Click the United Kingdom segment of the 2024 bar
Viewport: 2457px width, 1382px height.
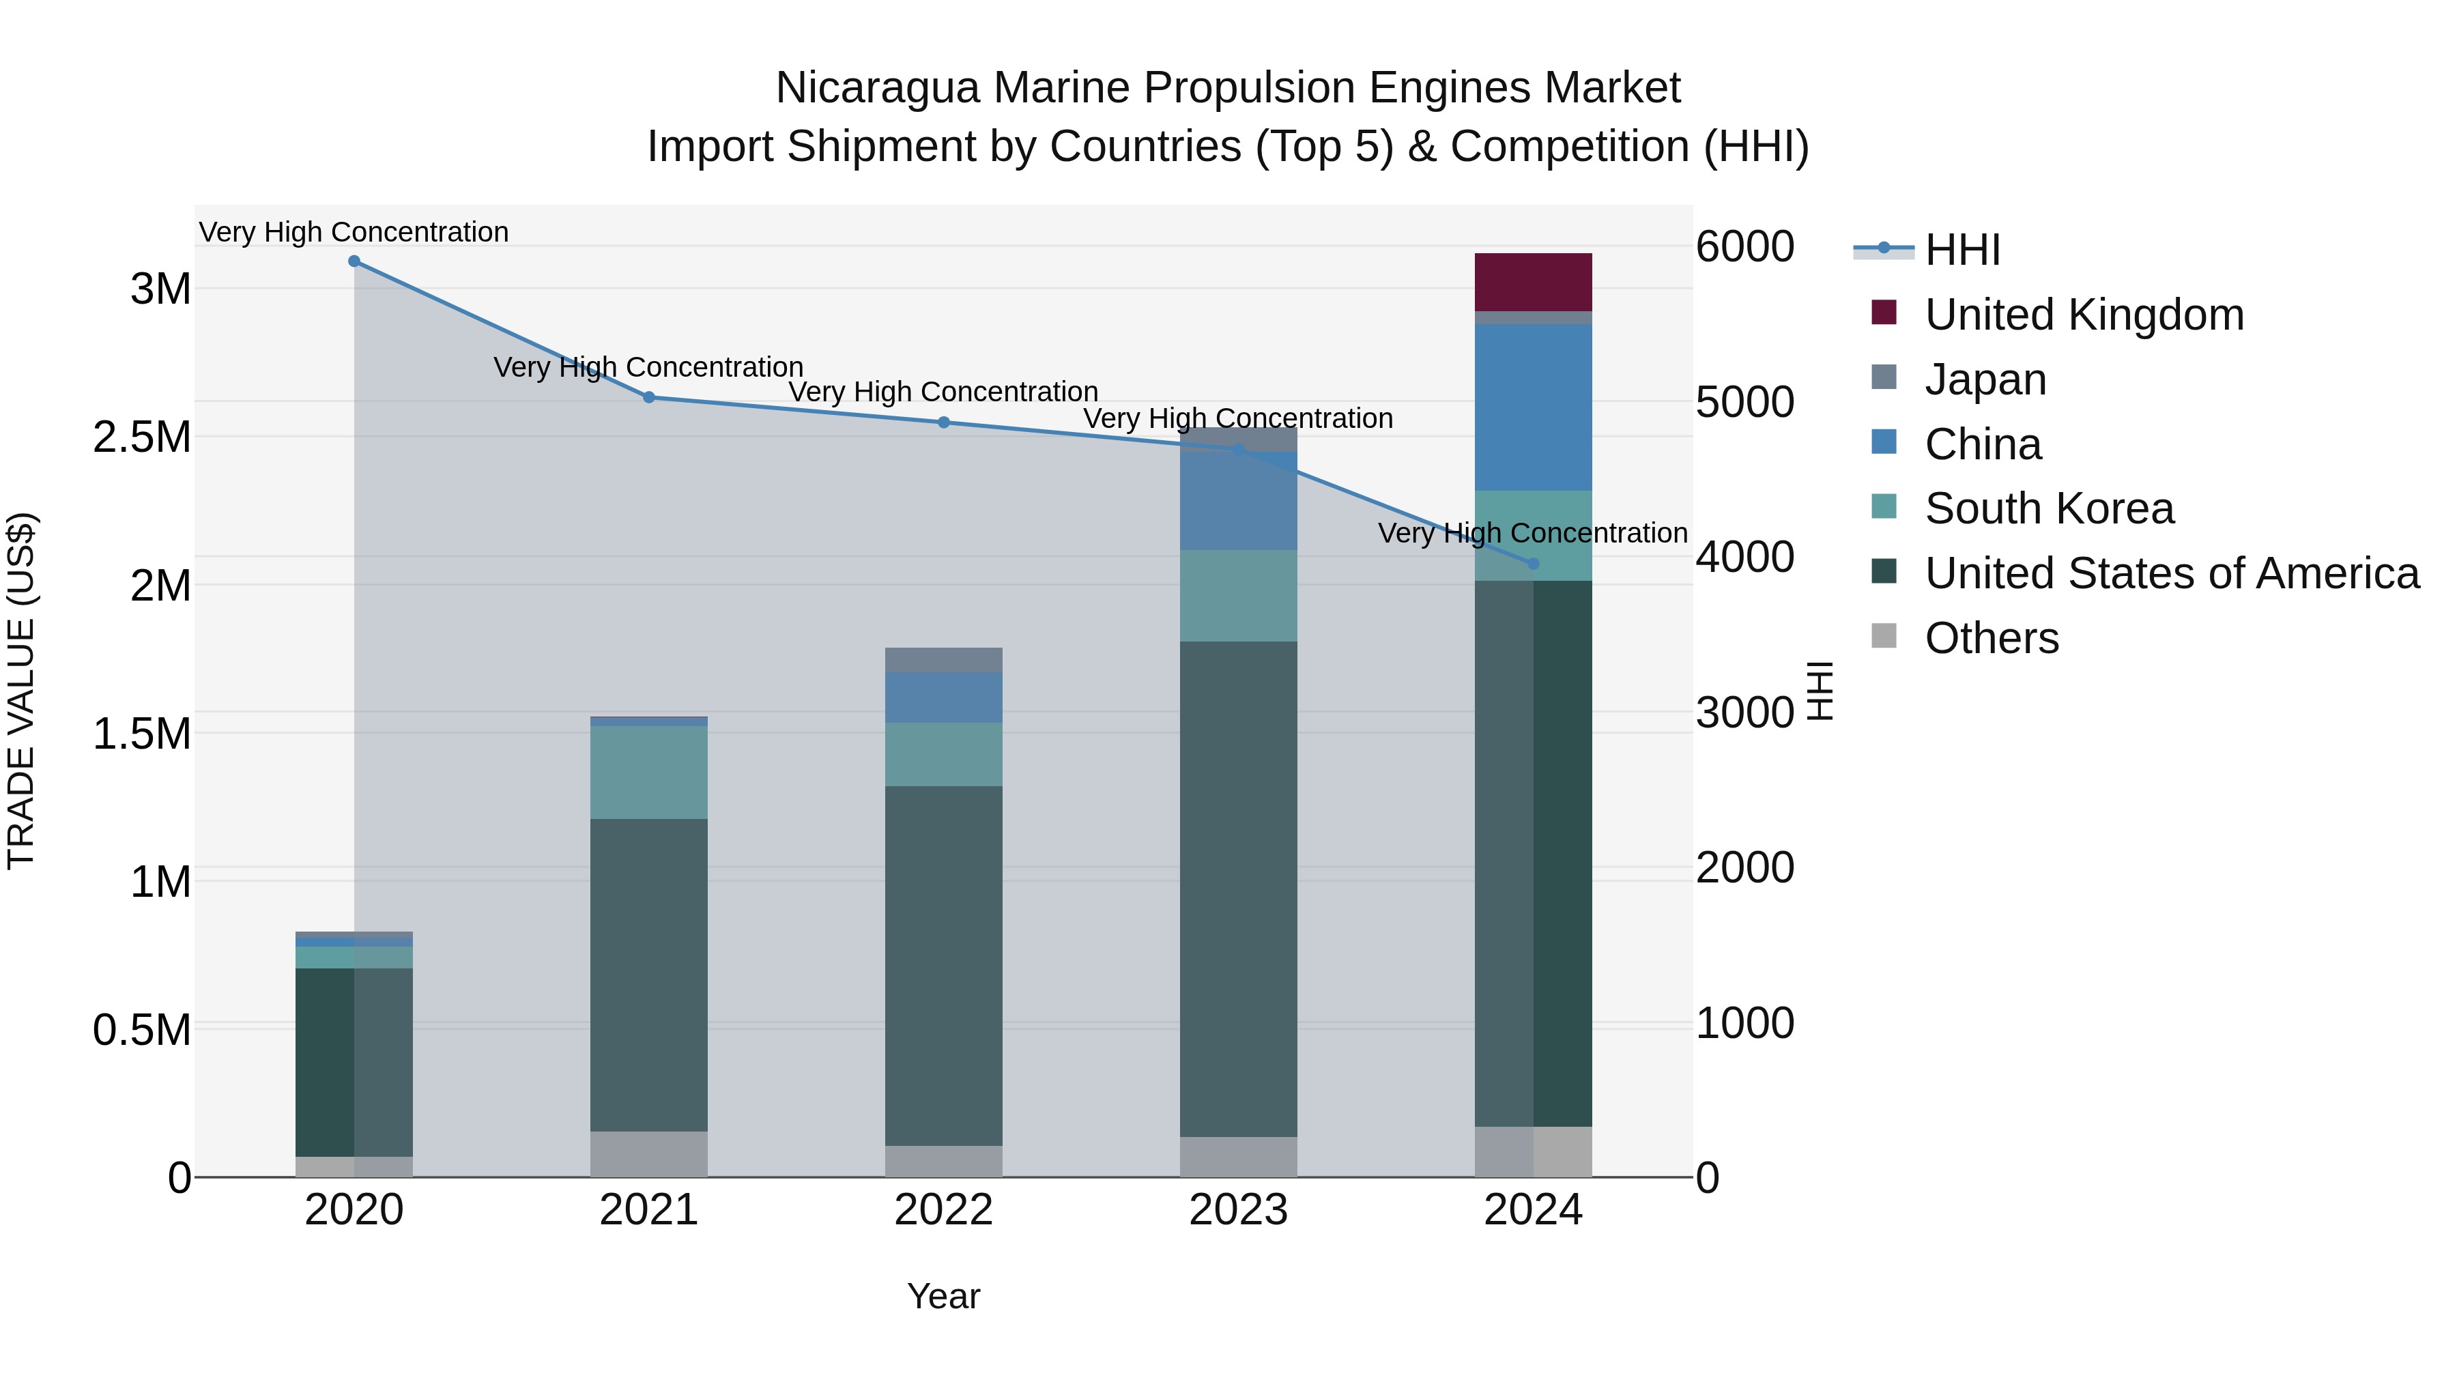[x=1533, y=283]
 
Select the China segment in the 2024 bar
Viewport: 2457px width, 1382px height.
[x=1533, y=407]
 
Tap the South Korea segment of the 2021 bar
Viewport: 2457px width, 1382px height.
[x=648, y=772]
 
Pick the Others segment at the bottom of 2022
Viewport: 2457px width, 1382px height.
[x=943, y=1161]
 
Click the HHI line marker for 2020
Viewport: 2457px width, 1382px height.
[x=354, y=261]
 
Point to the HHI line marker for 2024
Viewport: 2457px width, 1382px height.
[x=1534, y=564]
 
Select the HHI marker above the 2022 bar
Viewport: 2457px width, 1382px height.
[x=943, y=422]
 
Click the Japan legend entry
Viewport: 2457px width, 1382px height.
[x=1985, y=379]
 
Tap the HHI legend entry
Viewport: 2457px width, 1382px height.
[x=1961, y=250]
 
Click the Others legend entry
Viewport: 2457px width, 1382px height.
[x=1991, y=638]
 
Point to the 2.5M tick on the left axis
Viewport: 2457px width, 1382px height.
[x=142, y=437]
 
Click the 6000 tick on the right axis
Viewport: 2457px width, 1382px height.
[x=1744, y=247]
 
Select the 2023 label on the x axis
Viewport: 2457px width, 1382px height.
[x=1238, y=1210]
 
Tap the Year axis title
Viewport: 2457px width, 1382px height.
[x=943, y=1296]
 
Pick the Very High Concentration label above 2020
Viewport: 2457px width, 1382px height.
[x=354, y=232]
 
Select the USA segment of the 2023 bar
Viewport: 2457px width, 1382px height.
[x=1238, y=888]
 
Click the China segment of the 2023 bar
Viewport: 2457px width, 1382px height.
[x=1238, y=501]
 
